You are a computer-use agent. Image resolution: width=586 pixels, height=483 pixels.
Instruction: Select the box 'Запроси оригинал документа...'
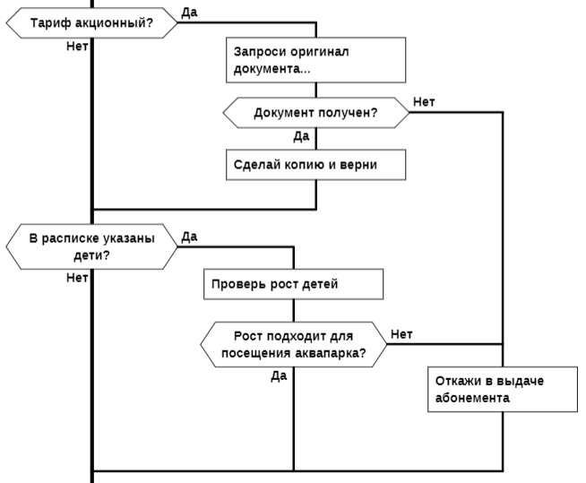tap(316, 60)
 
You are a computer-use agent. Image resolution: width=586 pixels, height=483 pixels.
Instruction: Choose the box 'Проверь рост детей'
tap(294, 284)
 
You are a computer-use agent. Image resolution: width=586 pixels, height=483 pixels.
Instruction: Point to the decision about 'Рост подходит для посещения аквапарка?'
tap(293, 344)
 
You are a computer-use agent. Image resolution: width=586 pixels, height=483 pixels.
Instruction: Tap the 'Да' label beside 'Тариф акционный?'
tap(189, 12)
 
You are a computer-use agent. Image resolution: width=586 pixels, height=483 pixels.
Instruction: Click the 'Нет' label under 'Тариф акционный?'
tap(76, 46)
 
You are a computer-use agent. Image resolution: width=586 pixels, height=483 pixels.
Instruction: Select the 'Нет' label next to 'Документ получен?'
tap(424, 101)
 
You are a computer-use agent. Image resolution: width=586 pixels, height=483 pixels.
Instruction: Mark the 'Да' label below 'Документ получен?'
tap(302, 136)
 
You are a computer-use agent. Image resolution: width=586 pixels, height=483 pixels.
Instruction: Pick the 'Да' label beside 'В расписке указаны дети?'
tap(189, 237)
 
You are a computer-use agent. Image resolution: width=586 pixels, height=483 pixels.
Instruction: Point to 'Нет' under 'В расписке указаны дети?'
tap(76, 277)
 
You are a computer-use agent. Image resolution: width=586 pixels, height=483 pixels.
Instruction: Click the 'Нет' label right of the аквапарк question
tap(401, 334)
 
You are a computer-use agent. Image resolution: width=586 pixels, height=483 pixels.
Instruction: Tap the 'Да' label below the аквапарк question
tap(279, 375)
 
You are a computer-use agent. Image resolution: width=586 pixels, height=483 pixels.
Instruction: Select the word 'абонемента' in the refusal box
tap(472, 395)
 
